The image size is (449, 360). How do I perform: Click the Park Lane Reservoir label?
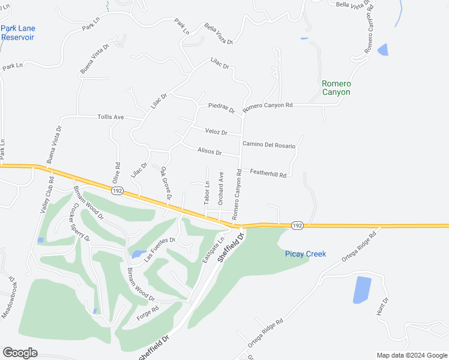(18, 32)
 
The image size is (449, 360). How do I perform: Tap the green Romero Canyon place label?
(336, 88)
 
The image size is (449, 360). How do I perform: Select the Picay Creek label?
(305, 254)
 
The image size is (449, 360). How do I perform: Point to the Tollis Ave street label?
(110, 117)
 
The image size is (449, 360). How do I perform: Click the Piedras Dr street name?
(221, 106)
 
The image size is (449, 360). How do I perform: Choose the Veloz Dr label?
(216, 132)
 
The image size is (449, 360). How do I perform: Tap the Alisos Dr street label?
(209, 152)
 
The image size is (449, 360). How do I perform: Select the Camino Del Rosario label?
(270, 144)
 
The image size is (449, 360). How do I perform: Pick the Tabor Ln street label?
(206, 193)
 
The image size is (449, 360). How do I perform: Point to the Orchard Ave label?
(221, 188)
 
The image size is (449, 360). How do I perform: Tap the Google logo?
(20, 353)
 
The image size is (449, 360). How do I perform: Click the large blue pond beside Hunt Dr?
(362, 289)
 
